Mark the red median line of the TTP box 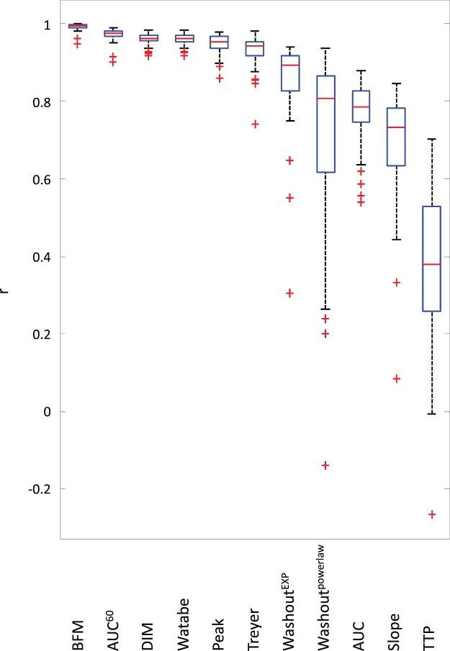click(431, 265)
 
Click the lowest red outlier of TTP click(432, 514)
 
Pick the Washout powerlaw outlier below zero click(325, 465)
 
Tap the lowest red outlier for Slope click(396, 378)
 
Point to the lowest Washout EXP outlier click(289, 293)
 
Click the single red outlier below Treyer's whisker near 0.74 click(254, 124)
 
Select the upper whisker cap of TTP click(431, 139)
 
